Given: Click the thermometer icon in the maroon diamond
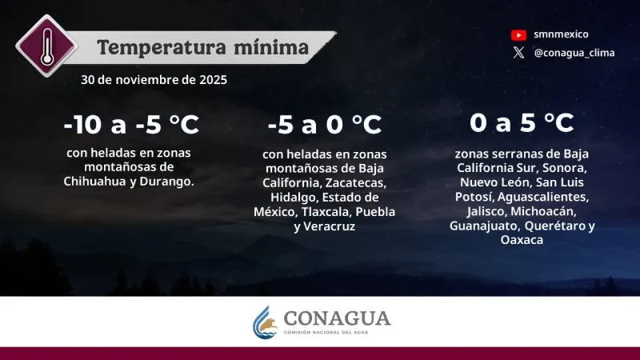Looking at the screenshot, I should pyautogui.click(x=46, y=45).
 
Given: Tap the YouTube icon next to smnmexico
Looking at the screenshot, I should pyautogui.click(x=518, y=34).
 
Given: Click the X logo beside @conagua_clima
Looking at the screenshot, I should pyautogui.click(x=518, y=53).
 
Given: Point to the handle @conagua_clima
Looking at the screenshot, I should pyautogui.click(x=574, y=53).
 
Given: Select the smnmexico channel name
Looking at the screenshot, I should pyautogui.click(x=561, y=34).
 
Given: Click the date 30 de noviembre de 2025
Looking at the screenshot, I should pyautogui.click(x=154, y=80).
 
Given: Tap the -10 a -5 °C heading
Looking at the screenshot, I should pyautogui.click(x=131, y=125).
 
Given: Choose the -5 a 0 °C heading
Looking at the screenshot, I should pyautogui.click(x=324, y=125).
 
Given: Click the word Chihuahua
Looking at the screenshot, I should pyautogui.click(x=94, y=181).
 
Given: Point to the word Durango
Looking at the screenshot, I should pyautogui.click(x=169, y=181).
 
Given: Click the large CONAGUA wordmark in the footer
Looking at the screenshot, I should pyautogui.click(x=337, y=318).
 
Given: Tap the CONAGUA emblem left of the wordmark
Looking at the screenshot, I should pyautogui.click(x=266, y=322).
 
